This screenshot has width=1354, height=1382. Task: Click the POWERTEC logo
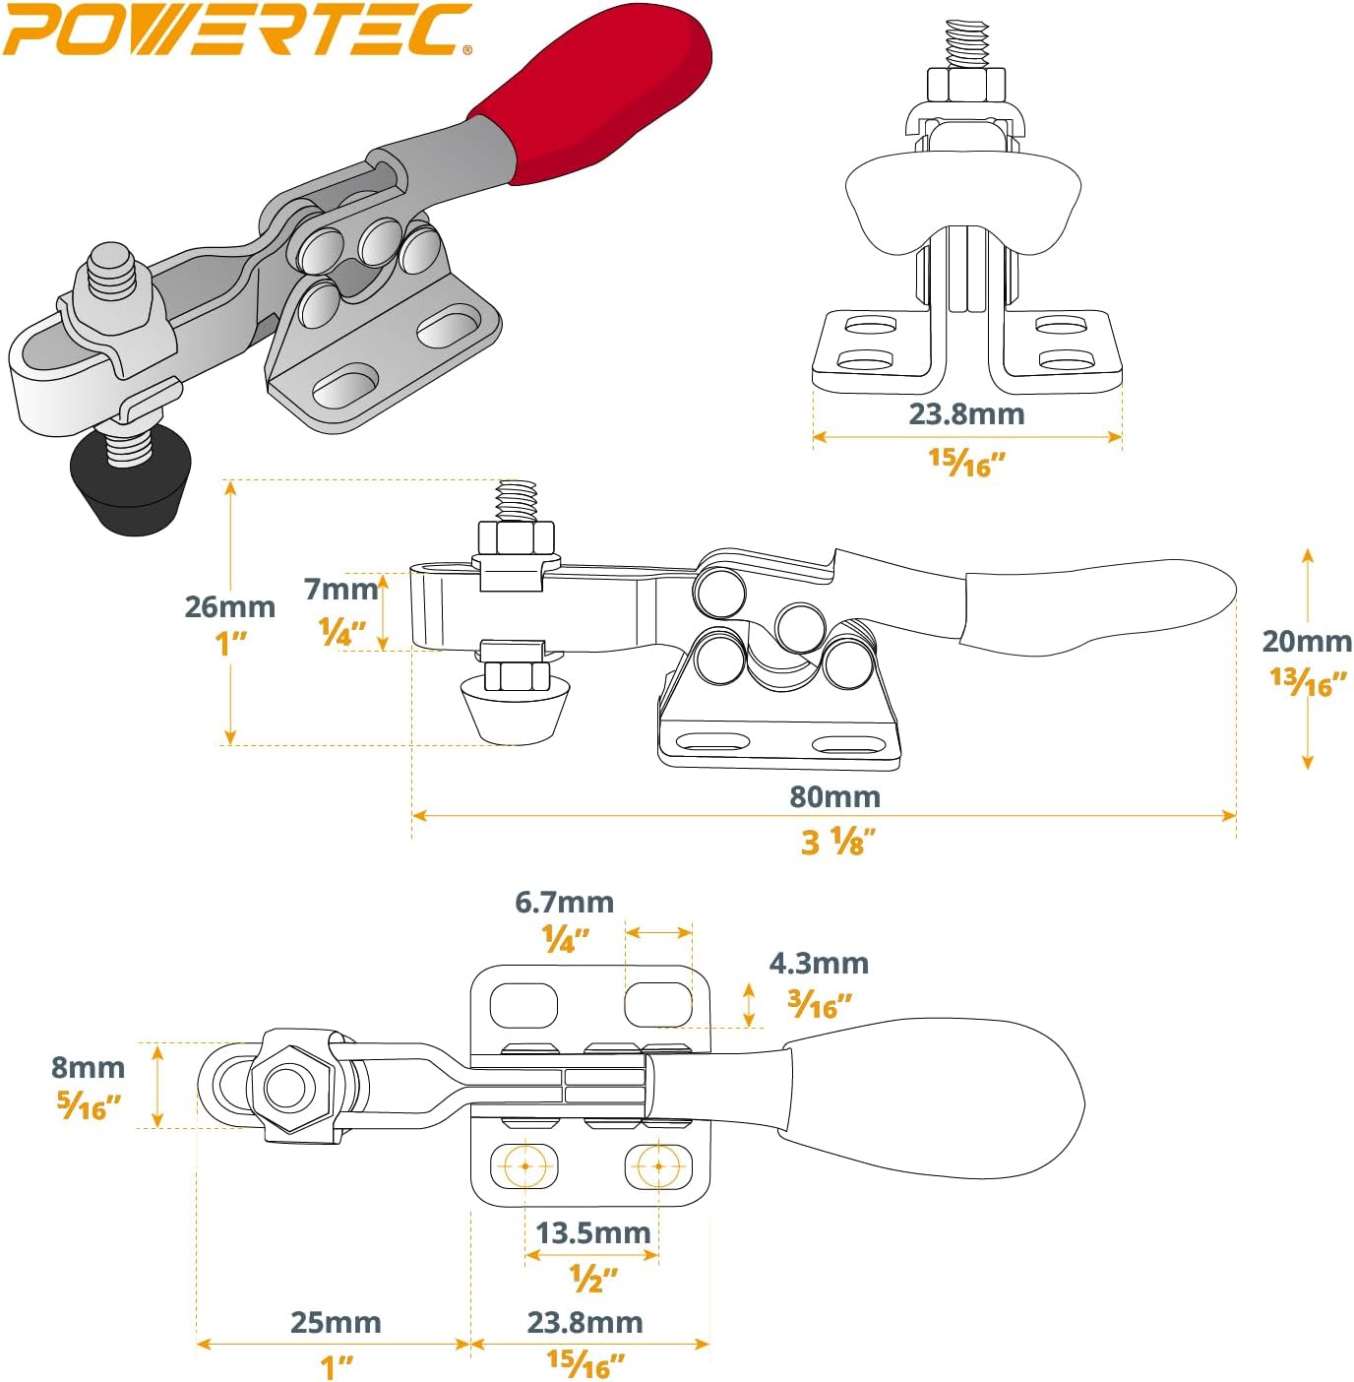236,30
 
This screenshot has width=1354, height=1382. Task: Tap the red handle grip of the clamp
600,94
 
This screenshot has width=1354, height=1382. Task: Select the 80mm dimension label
834,796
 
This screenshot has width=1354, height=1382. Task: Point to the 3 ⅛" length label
837,843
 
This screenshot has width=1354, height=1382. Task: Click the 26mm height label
229,606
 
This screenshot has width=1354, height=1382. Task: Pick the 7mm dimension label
340,589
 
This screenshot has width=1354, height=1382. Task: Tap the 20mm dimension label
1307,641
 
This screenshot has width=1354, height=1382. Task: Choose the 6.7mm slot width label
564,902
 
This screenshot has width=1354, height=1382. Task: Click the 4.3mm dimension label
819,963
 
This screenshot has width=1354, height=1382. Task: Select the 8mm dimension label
88,1067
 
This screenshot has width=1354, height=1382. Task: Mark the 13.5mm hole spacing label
592,1232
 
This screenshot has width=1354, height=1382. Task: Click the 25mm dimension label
336,1322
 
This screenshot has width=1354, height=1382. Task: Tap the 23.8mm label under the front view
966,413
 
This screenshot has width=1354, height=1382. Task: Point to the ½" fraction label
593,1279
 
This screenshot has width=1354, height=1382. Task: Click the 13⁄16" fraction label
1307,681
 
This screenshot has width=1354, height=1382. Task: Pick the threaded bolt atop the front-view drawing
966,44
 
